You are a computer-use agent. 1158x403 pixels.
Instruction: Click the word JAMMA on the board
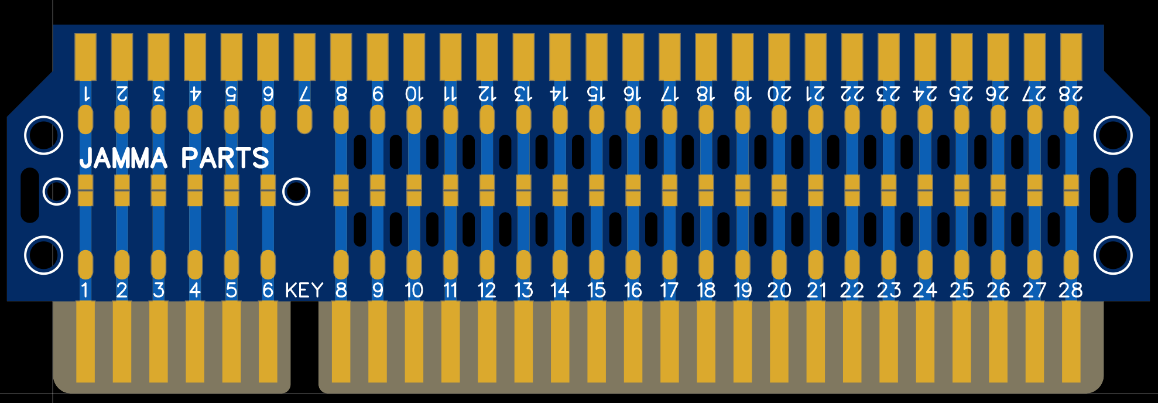coord(124,158)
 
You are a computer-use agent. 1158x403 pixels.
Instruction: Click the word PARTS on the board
coord(225,158)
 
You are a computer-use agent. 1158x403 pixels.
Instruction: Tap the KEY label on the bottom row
coord(304,290)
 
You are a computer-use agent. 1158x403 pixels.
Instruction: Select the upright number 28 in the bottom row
coord(1071,290)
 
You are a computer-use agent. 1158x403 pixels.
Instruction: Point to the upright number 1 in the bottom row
coord(85,290)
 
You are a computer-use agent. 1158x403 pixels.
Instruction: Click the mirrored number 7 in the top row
coord(304,94)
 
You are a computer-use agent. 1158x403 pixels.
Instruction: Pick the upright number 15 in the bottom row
coord(596,290)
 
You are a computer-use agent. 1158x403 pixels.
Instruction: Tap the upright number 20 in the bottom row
coord(779,290)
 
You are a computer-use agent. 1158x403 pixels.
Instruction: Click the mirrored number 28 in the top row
coord(1071,94)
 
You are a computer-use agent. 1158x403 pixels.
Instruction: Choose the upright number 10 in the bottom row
coord(414,290)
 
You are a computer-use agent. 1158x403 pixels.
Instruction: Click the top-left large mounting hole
coord(43,135)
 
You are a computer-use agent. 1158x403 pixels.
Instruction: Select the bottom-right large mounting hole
coord(1114,255)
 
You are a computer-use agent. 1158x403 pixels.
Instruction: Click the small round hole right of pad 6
coord(296,192)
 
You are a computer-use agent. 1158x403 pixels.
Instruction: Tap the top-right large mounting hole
coord(1114,135)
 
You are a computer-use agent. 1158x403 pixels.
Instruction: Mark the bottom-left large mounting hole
coord(43,255)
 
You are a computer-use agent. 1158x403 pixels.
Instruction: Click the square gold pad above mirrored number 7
coord(304,57)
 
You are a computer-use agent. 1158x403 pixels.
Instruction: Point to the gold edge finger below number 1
coord(85,341)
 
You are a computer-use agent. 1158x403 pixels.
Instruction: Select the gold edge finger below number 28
coord(1071,341)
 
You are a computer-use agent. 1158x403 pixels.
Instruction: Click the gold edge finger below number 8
coord(341,341)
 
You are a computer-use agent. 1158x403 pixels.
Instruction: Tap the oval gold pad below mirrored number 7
coord(304,119)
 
